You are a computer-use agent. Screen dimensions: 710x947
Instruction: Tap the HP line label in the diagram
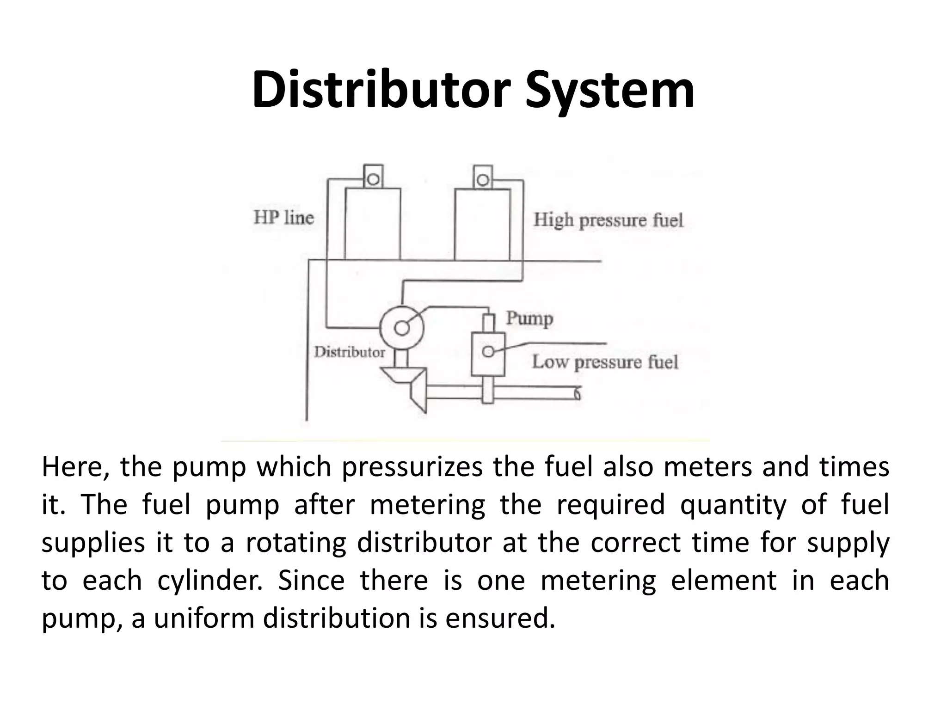click(283, 217)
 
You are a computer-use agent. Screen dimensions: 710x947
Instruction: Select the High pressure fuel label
click(608, 220)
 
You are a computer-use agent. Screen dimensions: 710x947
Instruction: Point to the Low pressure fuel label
click(605, 362)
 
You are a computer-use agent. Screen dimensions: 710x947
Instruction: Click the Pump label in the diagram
click(529, 318)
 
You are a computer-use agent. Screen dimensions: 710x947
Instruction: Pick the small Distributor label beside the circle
click(349, 352)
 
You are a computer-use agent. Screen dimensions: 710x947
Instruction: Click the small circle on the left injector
click(373, 179)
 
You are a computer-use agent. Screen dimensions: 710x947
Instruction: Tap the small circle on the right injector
click(482, 179)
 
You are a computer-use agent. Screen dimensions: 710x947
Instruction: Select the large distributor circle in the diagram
click(401, 328)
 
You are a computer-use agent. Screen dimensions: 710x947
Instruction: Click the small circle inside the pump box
click(487, 352)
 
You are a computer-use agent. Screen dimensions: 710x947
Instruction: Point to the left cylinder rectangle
click(372, 224)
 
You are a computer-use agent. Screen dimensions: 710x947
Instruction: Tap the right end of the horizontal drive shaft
click(576, 393)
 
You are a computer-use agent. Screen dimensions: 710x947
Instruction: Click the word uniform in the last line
click(204, 618)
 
